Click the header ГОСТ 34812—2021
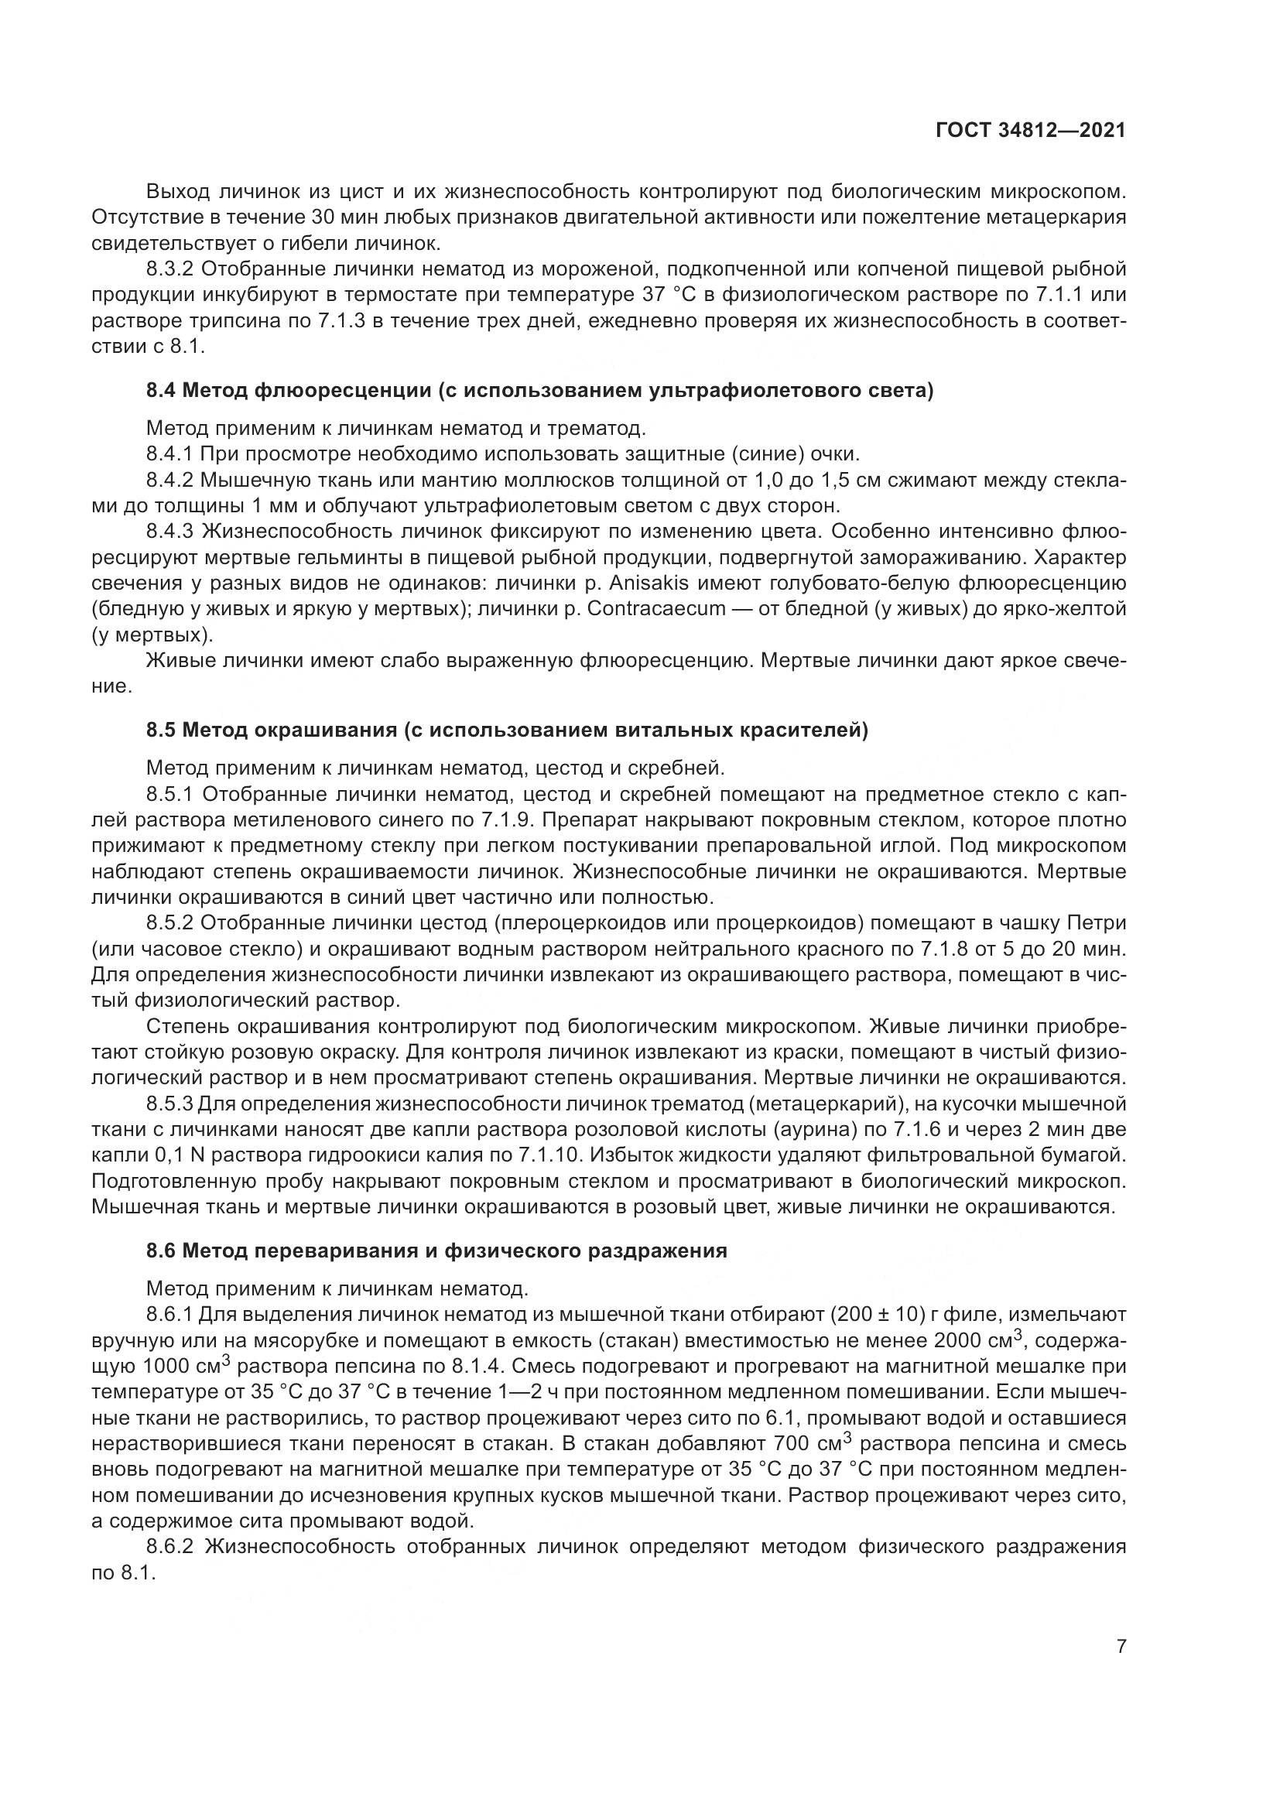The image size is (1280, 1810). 1030,131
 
